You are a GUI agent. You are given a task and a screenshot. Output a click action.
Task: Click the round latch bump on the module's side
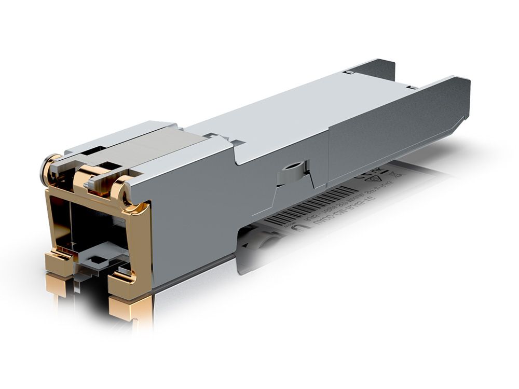291,173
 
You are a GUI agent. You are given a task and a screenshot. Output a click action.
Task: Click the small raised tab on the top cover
213,136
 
